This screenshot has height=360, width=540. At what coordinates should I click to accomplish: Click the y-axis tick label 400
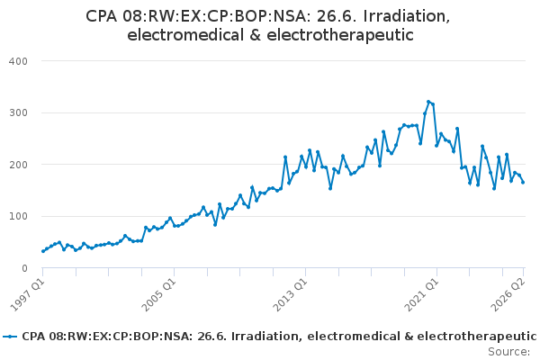click(x=18, y=61)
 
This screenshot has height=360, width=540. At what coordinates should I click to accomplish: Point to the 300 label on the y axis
click(x=18, y=113)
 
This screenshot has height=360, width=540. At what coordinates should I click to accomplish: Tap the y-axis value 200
click(x=18, y=165)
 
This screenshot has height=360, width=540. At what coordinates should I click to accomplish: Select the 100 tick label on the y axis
click(x=18, y=216)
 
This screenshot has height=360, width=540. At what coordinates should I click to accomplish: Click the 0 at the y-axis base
click(x=24, y=268)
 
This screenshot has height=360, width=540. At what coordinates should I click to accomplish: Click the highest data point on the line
click(x=428, y=102)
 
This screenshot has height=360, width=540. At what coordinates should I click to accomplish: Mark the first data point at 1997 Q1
click(x=43, y=251)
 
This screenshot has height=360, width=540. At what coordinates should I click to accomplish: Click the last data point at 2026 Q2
click(x=523, y=182)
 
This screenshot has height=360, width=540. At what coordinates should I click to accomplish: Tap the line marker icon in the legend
click(x=10, y=337)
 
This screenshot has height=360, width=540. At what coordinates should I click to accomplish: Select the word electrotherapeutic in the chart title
click(x=340, y=35)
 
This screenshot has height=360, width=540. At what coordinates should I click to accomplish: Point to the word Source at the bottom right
click(x=509, y=352)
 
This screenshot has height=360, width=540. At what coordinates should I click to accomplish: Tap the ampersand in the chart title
click(x=256, y=35)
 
